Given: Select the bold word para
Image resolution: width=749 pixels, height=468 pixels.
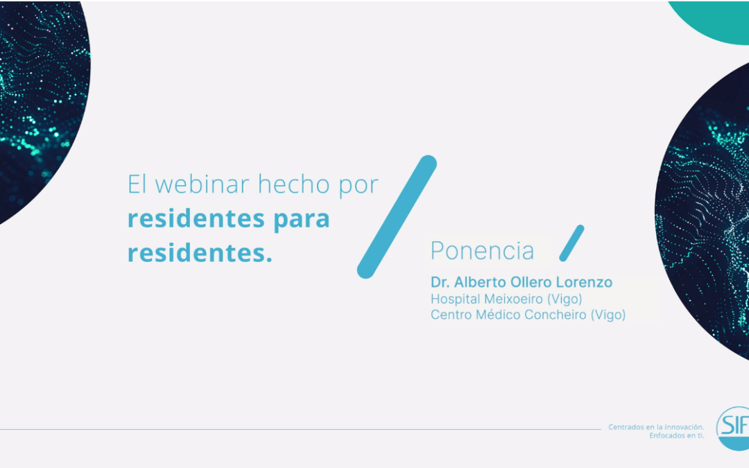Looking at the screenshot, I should tap(301, 219).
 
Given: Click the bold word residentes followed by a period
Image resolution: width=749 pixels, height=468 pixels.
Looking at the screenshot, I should tap(200, 253).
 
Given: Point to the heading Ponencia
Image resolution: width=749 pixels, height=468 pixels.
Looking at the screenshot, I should tap(482, 250).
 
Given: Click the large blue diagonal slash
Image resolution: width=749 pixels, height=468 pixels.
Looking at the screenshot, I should tap(397, 217).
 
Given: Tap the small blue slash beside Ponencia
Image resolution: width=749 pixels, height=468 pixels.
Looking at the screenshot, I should tap(571, 243).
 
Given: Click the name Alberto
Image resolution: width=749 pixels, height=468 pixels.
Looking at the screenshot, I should tap(478, 283).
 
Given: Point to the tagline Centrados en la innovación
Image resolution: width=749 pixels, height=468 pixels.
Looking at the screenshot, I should tap(656, 427).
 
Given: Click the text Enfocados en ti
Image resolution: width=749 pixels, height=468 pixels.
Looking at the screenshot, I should tap(676, 436).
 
